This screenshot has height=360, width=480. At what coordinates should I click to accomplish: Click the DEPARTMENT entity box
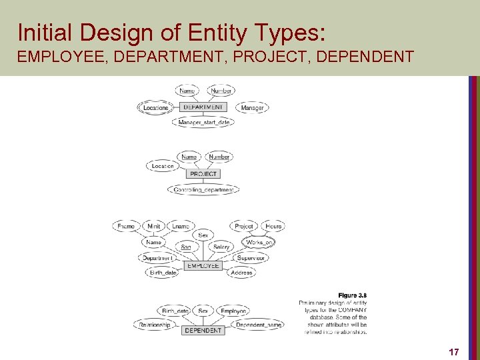coord(203,107)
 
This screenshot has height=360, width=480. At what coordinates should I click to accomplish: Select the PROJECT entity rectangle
coord(203,174)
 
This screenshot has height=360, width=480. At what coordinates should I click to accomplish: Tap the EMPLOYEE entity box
coord(203,265)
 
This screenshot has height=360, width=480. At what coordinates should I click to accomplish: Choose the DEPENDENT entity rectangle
coord(203,330)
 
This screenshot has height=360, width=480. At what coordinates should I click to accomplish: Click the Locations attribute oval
coord(156,107)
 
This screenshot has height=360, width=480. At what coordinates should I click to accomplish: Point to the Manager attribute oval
coord(252,107)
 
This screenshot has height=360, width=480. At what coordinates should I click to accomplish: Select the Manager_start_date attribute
coord(204,123)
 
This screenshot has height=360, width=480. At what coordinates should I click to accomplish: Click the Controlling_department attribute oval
coord(203,190)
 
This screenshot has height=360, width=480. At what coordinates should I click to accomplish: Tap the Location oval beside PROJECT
coord(163,166)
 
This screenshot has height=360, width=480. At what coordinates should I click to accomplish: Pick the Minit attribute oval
coord(154,227)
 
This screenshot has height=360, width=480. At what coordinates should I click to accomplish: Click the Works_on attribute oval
coord(259,243)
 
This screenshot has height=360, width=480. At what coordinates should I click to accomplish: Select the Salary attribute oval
coord(221,247)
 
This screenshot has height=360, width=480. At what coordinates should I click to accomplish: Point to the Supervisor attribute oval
coord(251,258)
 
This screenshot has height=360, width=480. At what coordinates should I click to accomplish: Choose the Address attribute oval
coord(241,273)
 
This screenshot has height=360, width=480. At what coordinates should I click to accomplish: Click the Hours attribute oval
coord(273,227)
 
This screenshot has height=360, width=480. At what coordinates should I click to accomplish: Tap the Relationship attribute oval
coord(155,325)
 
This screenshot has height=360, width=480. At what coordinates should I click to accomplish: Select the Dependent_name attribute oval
coord(259,325)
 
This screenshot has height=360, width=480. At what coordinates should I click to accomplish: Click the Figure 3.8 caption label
coord(352,295)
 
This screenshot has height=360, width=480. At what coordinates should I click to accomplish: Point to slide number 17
coord(453,351)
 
